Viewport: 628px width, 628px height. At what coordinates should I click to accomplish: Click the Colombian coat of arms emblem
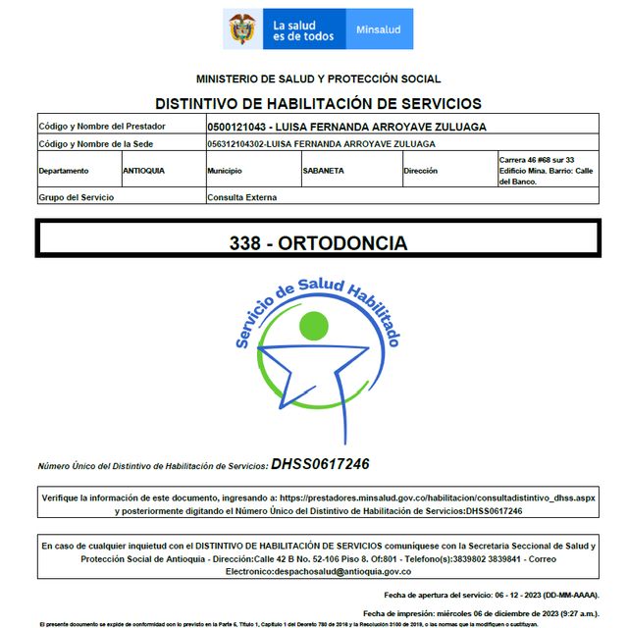[x=241, y=29]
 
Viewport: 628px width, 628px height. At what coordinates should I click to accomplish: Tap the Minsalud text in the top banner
[x=378, y=30]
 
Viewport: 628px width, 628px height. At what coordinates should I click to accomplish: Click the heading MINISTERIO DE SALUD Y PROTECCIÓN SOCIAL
[x=318, y=78]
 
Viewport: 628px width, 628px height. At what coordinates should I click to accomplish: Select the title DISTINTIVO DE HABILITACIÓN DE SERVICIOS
[x=318, y=103]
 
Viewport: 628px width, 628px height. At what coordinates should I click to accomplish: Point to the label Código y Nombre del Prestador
[x=102, y=127]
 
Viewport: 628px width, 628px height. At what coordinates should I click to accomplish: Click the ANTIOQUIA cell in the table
[x=143, y=170]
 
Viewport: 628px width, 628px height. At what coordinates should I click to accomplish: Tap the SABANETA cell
[x=324, y=170]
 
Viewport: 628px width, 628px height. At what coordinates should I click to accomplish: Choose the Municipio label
[x=225, y=170]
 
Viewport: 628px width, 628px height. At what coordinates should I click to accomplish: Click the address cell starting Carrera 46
[x=546, y=170]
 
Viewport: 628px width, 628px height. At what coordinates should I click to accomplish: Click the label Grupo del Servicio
[x=77, y=197]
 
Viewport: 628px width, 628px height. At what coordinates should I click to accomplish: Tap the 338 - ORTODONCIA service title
[x=317, y=242]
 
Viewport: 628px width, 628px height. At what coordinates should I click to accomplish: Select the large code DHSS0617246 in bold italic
[x=320, y=464]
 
